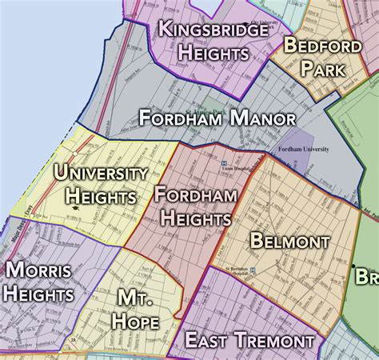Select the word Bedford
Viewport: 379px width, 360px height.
point(322,46)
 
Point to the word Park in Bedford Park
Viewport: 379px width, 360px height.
point(323,69)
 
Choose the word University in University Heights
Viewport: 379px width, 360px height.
point(100,174)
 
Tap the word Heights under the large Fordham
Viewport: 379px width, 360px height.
point(196,217)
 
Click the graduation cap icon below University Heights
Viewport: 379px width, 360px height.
point(75,207)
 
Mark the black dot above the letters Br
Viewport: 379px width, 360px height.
point(353,265)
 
